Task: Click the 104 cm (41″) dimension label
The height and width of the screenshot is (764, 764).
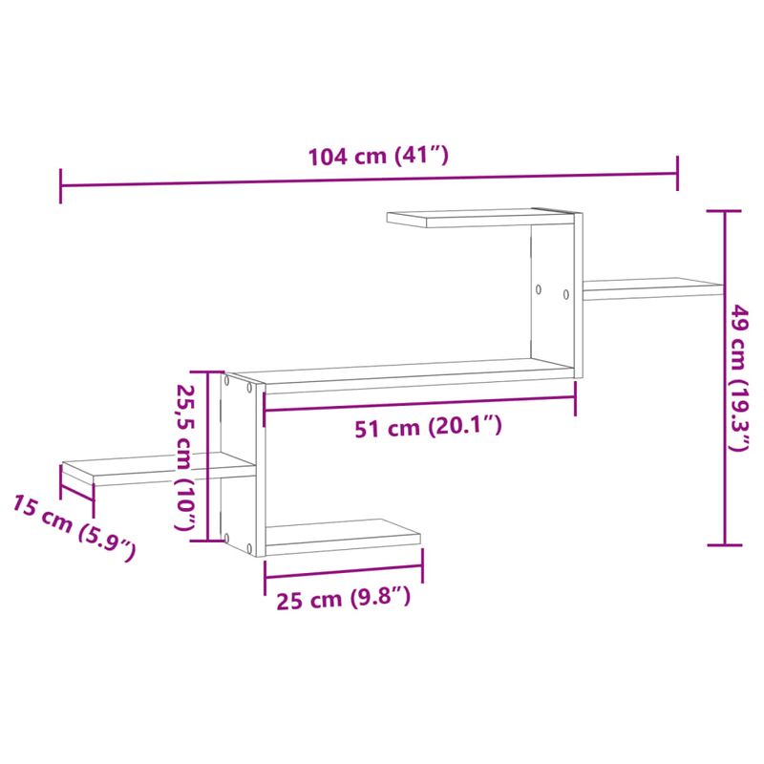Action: [x=377, y=157]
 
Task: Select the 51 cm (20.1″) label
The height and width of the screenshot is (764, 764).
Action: [x=427, y=428]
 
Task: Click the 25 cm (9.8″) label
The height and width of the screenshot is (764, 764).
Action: [x=343, y=600]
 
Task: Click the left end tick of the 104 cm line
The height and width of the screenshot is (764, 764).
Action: [x=61, y=185]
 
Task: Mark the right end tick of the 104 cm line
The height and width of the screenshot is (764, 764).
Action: [x=678, y=173]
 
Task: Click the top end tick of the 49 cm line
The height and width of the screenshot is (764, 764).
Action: [x=725, y=211]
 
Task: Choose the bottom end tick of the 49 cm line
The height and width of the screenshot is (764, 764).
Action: [x=725, y=544]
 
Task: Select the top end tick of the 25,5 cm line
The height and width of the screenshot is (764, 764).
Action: [x=207, y=372]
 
